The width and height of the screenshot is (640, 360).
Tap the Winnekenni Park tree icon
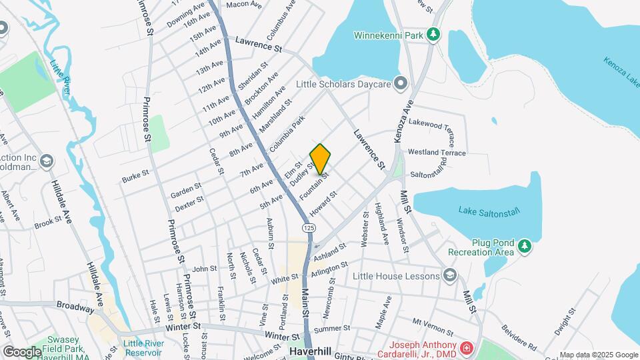[x=433, y=33]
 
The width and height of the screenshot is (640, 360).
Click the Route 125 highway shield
[x=308, y=228]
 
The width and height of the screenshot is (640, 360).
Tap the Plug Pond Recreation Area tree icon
[x=525, y=247]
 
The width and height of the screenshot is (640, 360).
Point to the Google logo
[x=22, y=351]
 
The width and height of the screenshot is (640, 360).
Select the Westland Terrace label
[x=437, y=153]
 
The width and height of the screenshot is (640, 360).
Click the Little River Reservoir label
[x=143, y=348]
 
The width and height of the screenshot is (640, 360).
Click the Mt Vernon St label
[x=433, y=327]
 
